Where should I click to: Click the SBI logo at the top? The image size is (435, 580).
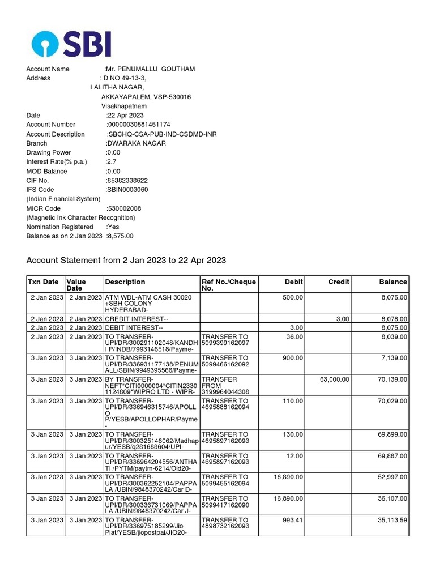[71, 44]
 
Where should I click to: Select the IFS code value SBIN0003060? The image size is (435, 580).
[127, 190]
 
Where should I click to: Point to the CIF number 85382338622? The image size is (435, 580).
[127, 181]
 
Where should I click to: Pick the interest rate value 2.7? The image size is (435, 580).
[111, 162]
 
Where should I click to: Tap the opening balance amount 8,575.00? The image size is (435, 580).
[120, 236]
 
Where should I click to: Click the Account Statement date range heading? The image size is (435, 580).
[126, 261]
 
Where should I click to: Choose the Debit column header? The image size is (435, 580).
[293, 282]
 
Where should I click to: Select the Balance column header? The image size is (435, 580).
[393, 282]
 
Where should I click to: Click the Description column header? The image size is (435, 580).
[125, 282]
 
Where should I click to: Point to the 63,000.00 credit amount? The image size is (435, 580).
[334, 379]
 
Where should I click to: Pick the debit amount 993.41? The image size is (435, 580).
[291, 520]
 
